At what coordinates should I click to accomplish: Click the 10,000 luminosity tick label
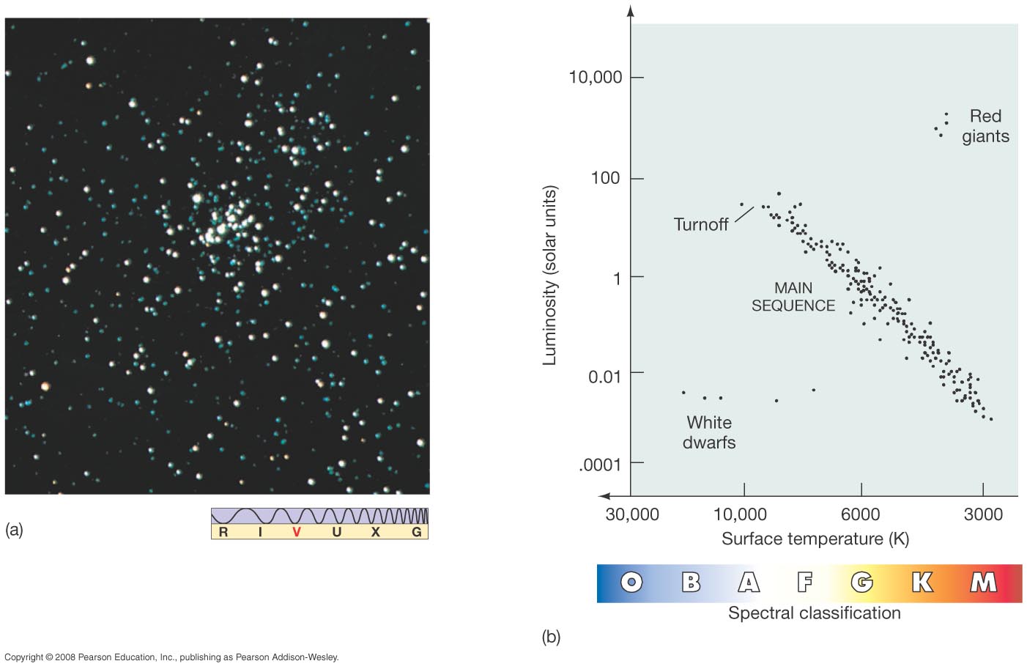pyautogui.click(x=595, y=77)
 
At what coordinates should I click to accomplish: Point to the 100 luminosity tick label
pyautogui.click(x=605, y=178)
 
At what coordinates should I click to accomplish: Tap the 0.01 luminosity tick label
pyautogui.click(x=605, y=377)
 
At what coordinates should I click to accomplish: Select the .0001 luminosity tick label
pyautogui.click(x=599, y=465)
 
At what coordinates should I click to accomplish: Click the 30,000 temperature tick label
pyautogui.click(x=631, y=514)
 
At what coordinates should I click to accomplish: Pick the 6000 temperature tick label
pyautogui.click(x=860, y=514)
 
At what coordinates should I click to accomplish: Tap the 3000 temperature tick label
pyautogui.click(x=983, y=514)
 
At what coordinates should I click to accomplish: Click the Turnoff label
pyautogui.click(x=700, y=224)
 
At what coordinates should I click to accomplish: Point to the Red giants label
pyautogui.click(x=985, y=126)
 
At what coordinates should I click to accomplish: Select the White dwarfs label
pyautogui.click(x=709, y=432)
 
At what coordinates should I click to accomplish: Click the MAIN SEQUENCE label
pyautogui.click(x=793, y=297)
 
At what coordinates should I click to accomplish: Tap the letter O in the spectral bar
pyautogui.click(x=631, y=583)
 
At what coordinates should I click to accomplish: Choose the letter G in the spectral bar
pyautogui.click(x=862, y=583)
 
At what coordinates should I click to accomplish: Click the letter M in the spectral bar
pyautogui.click(x=983, y=583)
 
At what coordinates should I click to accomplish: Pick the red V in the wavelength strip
pyautogui.click(x=297, y=532)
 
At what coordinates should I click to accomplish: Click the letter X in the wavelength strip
pyautogui.click(x=376, y=532)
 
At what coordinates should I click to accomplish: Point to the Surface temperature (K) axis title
pyautogui.click(x=815, y=539)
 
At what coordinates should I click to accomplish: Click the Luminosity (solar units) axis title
pyautogui.click(x=550, y=275)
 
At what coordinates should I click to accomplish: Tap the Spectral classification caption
pyautogui.click(x=815, y=613)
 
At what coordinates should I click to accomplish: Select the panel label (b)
pyautogui.click(x=551, y=637)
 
